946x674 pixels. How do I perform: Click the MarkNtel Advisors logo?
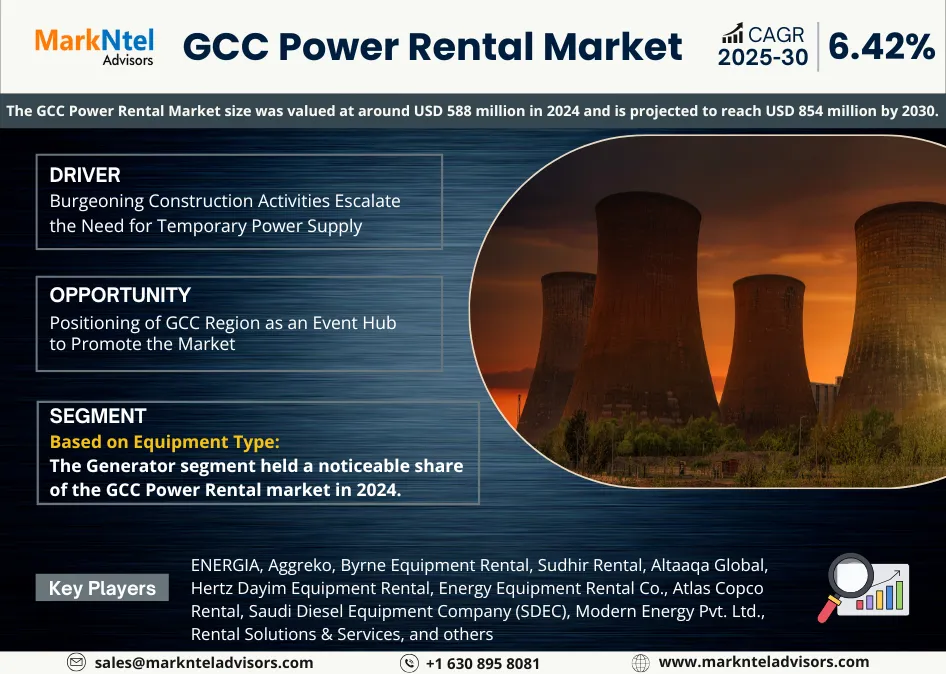pyautogui.click(x=95, y=46)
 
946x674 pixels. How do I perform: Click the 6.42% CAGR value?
pyautogui.click(x=880, y=46)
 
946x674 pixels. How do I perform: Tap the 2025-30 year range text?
pyautogui.click(x=762, y=58)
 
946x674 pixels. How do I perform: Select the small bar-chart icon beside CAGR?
pyautogui.click(x=732, y=33)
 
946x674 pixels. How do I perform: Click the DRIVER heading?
pyautogui.click(x=85, y=175)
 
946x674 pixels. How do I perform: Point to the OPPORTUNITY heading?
pyautogui.click(x=120, y=295)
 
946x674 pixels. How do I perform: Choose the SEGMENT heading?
pyautogui.click(x=98, y=416)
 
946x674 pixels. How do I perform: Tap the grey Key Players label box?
pyautogui.click(x=102, y=588)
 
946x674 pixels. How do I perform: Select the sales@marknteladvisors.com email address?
pyautogui.click(x=203, y=662)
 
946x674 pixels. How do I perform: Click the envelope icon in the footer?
pyautogui.click(x=77, y=662)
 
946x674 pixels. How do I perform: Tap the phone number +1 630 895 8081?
pyautogui.click(x=482, y=663)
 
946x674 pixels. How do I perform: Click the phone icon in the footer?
pyautogui.click(x=409, y=663)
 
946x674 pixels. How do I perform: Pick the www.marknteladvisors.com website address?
pyautogui.click(x=764, y=662)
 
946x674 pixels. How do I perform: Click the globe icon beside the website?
pyautogui.click(x=641, y=662)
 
